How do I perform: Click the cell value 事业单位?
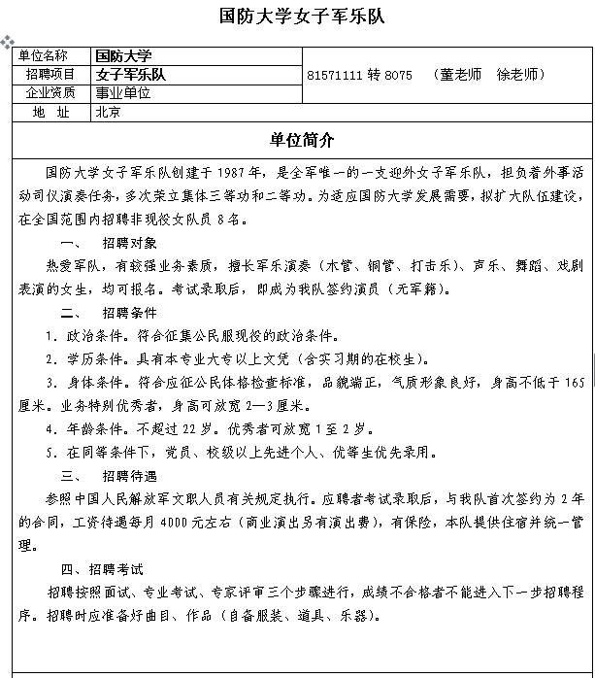pos(123,93)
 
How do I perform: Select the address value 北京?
pos(108,112)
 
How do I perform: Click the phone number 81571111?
pos(333,75)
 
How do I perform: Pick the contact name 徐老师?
pos(519,75)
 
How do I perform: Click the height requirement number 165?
pos(574,383)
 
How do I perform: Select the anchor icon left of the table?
pos(7,44)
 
